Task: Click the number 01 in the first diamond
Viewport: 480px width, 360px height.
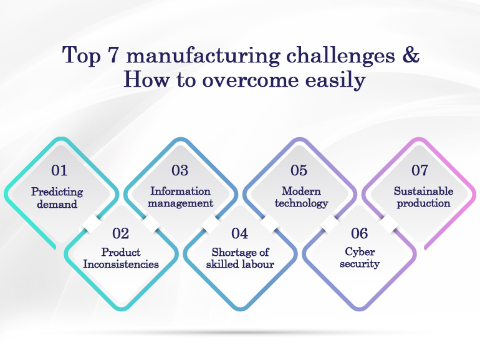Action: pyautogui.click(x=59, y=170)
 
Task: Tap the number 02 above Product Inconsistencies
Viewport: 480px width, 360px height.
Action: pyautogui.click(x=120, y=233)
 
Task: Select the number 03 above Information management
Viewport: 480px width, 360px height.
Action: pyautogui.click(x=180, y=170)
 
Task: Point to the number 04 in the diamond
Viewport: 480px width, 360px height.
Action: pyautogui.click(x=240, y=233)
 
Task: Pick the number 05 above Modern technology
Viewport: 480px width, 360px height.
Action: pyautogui.click(x=299, y=170)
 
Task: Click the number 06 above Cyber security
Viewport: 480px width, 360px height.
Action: pyautogui.click(x=360, y=233)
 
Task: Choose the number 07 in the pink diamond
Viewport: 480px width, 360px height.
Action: pyautogui.click(x=420, y=170)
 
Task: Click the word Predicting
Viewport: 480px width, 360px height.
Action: pyautogui.click(x=57, y=192)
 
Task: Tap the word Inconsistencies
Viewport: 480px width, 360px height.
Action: pyautogui.click(x=121, y=264)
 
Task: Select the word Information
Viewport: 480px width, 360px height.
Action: pyautogui.click(x=180, y=191)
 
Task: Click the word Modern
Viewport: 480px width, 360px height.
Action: pyautogui.click(x=301, y=191)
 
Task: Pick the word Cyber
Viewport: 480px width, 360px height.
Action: pyautogui.click(x=360, y=253)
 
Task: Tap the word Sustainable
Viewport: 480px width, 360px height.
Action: pyautogui.click(x=424, y=191)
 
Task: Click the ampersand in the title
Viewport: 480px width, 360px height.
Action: pyautogui.click(x=411, y=55)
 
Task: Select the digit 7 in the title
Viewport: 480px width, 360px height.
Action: pyautogui.click(x=113, y=56)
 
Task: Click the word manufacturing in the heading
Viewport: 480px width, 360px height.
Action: pyautogui.click(x=203, y=56)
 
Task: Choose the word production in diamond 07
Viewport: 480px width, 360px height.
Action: pyautogui.click(x=424, y=203)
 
